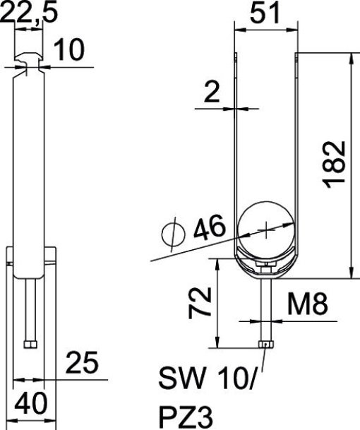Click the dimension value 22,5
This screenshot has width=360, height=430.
click(22, 13)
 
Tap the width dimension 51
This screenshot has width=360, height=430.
click(266, 13)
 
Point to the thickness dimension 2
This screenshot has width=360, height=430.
click(210, 93)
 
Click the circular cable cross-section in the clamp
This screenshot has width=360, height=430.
click(265, 227)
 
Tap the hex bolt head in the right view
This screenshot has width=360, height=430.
click(265, 344)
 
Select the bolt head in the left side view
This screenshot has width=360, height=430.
click(29, 344)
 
